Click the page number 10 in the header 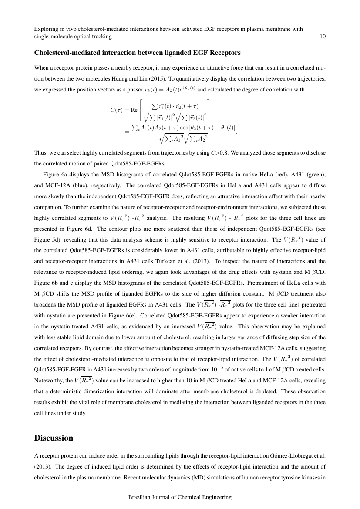pos(322,37)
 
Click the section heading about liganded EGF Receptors pos(137,53)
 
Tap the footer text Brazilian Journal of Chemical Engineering pos(180,497)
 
